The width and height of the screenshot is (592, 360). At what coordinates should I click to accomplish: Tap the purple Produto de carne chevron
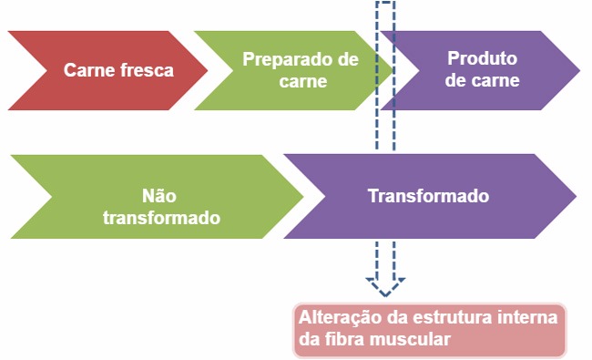click(483, 70)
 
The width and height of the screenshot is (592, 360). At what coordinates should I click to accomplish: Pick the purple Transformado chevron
click(428, 196)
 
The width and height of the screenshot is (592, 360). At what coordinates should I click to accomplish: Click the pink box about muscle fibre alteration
click(429, 329)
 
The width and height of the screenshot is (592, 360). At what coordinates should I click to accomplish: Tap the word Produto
click(482, 59)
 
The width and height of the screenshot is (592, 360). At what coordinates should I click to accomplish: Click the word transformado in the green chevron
click(161, 218)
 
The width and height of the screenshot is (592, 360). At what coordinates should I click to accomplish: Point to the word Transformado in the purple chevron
click(428, 196)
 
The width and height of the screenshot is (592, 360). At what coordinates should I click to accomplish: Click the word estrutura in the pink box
click(453, 319)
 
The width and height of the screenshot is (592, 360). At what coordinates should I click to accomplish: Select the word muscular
click(411, 340)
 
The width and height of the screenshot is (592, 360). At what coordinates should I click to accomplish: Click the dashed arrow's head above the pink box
click(385, 286)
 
